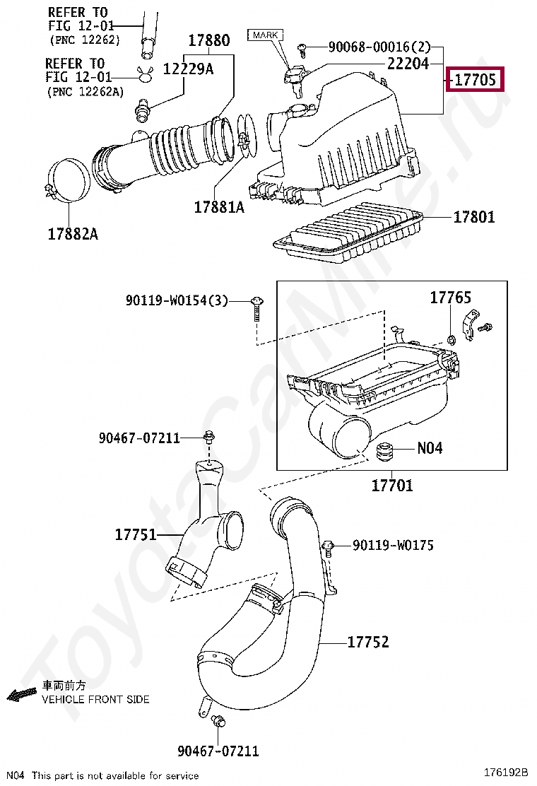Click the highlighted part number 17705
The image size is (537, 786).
coord(475,79)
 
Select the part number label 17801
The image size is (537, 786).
coord(474,217)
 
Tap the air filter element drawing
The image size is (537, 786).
coord(350,228)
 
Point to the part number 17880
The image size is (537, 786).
coord(208,40)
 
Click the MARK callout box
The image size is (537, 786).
coord(265,35)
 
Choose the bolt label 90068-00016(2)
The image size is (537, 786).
coord(379,47)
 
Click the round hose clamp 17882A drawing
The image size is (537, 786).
coord(69,181)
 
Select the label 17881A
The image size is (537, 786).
coord(219,207)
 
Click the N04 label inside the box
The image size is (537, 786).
coord(430,447)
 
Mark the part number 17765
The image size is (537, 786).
coord(450,298)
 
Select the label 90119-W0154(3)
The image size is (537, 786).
coord(177,300)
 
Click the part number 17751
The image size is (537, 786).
coord(136,534)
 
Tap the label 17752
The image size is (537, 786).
coord(368,642)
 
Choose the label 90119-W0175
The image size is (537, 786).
coord(393,545)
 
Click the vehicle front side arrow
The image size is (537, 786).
coord(21,695)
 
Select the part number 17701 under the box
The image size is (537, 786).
coord(392,486)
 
